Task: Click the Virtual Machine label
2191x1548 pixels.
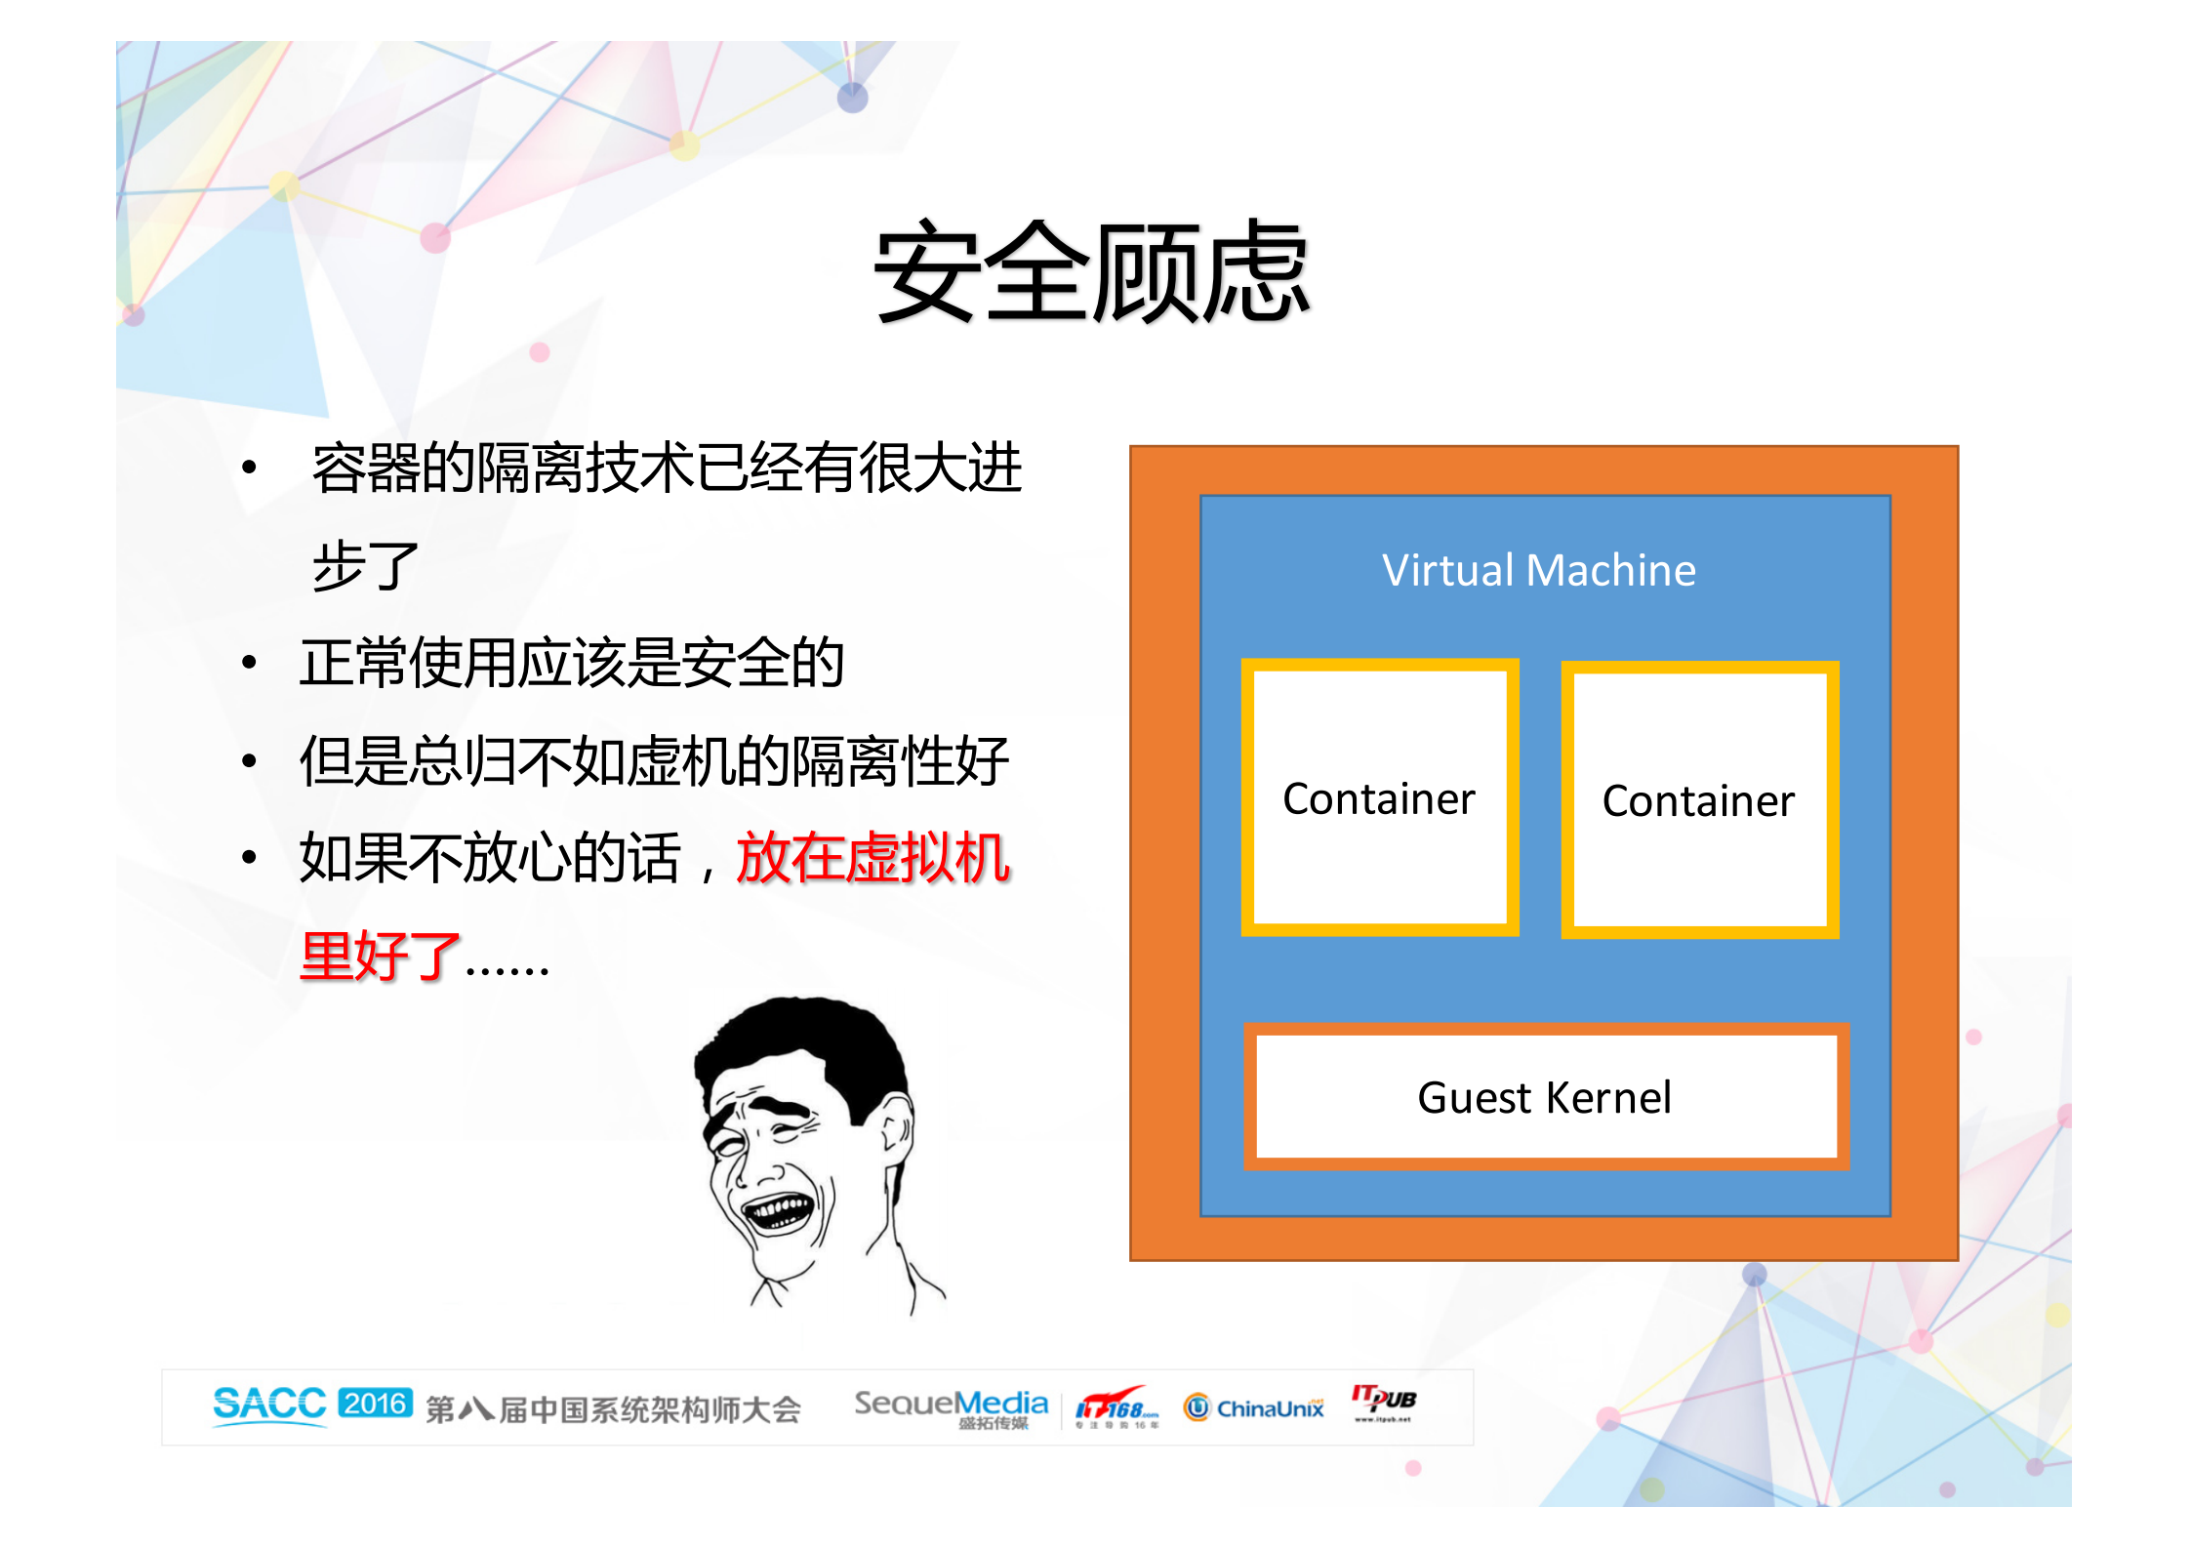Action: [x=1538, y=570]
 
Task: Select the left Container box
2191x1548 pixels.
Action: [x=1379, y=797]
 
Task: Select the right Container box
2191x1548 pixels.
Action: [x=1699, y=799]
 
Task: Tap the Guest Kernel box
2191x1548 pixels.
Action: [x=1545, y=1097]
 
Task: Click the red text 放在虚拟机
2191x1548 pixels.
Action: [x=872, y=858]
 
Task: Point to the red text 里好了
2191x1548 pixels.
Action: [x=380, y=956]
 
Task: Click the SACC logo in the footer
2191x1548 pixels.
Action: [x=269, y=1405]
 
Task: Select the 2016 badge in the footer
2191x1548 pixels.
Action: [x=375, y=1404]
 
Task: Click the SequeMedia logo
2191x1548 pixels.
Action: [x=951, y=1405]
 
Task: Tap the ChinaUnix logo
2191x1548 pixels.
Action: [x=1254, y=1407]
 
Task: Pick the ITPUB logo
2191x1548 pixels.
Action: [x=1383, y=1402]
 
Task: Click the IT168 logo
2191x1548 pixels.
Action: [x=1116, y=1407]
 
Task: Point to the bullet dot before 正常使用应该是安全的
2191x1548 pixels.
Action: [x=250, y=663]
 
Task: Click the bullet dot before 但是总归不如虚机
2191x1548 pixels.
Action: [x=250, y=760]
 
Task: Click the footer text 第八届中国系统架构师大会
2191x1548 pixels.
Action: [x=613, y=1409]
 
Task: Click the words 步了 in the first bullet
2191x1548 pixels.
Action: [x=365, y=565]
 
